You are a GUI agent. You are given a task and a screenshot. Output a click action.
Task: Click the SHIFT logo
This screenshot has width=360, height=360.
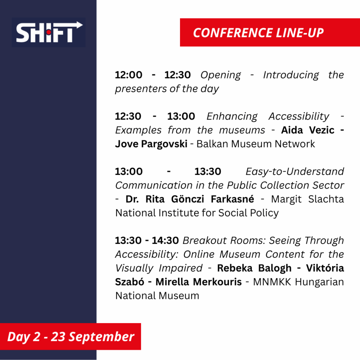point(49,32)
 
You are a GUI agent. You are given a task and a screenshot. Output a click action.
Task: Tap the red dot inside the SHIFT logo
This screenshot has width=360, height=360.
point(49,32)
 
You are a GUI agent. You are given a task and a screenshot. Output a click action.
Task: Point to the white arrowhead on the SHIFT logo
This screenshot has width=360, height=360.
point(79,25)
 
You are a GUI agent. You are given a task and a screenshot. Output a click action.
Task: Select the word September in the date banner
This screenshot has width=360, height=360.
point(101,337)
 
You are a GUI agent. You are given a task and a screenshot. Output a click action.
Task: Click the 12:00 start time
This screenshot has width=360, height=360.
point(129,75)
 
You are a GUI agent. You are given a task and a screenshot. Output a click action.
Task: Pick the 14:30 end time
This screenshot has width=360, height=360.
point(165,240)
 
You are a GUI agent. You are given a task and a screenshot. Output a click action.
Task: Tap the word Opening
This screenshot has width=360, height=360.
point(221,75)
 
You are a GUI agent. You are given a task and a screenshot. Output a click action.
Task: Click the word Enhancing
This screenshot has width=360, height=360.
point(232,117)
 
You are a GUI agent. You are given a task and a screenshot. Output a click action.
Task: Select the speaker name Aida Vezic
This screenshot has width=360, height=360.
point(308,130)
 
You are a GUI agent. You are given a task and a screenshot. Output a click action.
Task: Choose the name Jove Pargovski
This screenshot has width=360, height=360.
point(151,144)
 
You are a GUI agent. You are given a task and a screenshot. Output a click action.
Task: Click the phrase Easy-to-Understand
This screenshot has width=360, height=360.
point(295,172)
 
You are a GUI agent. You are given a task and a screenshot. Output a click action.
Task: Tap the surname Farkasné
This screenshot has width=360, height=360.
point(232,199)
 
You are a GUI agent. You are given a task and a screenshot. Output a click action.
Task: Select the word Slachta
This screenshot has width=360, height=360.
point(326,199)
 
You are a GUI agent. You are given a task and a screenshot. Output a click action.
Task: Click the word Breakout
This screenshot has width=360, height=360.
point(205,240)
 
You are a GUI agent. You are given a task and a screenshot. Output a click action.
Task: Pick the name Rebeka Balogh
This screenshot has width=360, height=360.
point(254,268)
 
